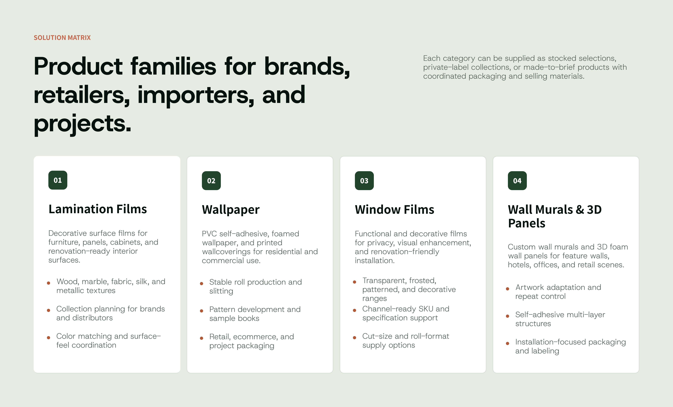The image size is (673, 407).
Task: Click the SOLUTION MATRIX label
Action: (62, 38)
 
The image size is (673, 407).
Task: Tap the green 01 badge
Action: (58, 180)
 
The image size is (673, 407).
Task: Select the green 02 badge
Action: (211, 181)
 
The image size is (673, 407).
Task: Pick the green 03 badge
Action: (364, 181)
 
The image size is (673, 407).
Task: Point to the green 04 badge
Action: (517, 181)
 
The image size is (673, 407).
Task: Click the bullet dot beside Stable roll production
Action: (202, 283)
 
